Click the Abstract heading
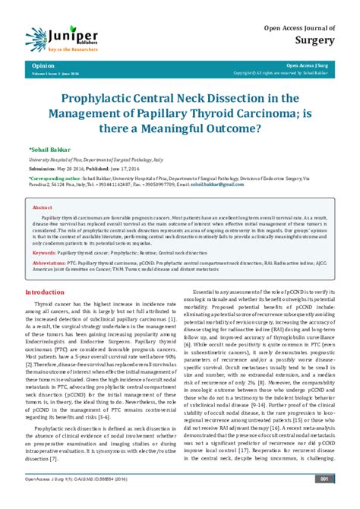pos(42,206)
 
